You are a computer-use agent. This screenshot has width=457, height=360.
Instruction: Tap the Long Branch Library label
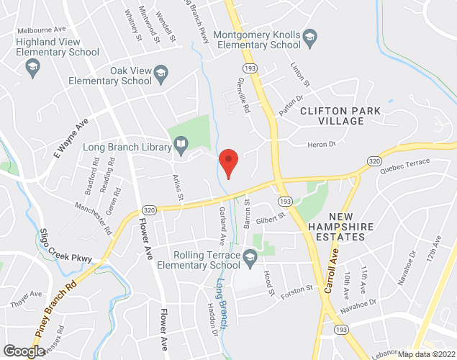click(126, 148)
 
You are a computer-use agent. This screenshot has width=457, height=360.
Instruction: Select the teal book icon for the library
click(182, 148)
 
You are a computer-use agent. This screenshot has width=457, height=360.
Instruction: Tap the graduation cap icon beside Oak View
click(161, 71)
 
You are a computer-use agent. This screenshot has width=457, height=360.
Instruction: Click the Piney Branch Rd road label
click(56, 310)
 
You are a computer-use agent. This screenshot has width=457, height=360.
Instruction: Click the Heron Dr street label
click(322, 145)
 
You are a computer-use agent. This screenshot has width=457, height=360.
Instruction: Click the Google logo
click(23, 351)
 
